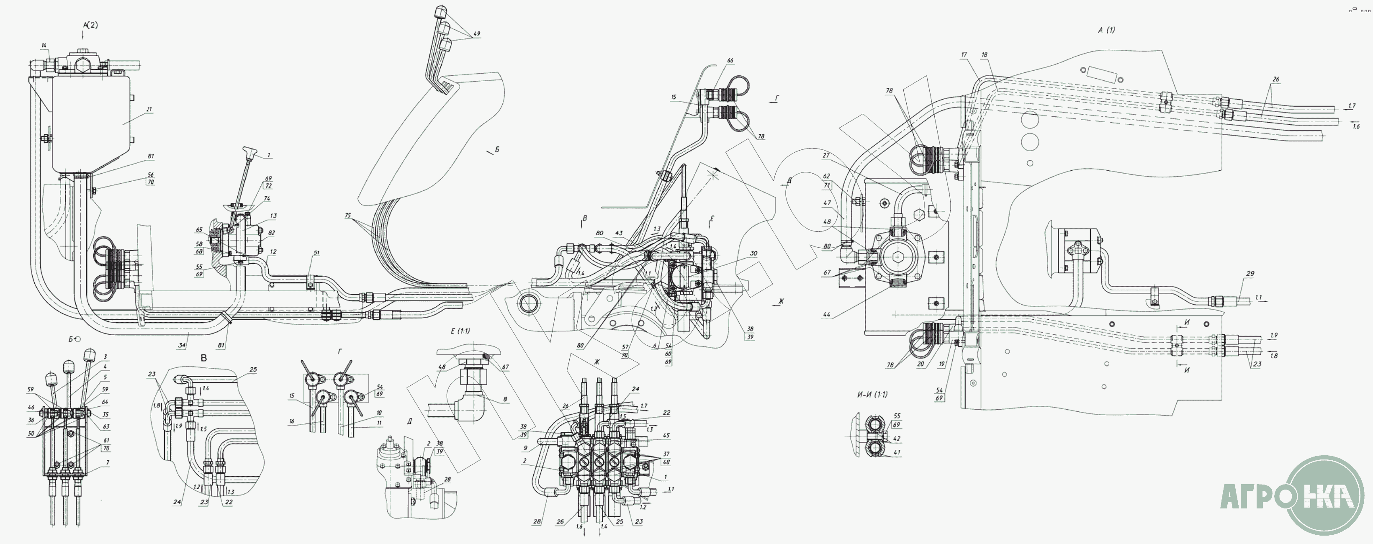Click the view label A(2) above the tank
click(90, 25)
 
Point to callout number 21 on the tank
click(149, 109)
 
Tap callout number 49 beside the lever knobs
click(476, 34)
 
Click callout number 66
click(730, 61)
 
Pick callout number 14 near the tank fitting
click(44, 46)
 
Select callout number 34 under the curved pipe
click(182, 345)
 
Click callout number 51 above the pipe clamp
click(316, 253)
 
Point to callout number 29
click(1250, 273)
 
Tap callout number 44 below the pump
click(827, 315)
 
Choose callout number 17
click(964, 55)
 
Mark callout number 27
click(826, 156)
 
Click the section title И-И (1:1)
click(872, 395)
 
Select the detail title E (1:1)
click(460, 331)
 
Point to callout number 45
click(666, 435)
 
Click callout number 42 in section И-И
click(897, 439)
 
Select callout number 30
click(753, 254)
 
